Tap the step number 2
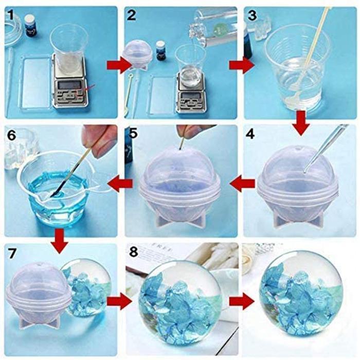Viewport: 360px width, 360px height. [x=132, y=15]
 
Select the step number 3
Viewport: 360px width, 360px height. [x=252, y=15]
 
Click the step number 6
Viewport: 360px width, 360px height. [x=11, y=135]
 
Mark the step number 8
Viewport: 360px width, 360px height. [x=133, y=254]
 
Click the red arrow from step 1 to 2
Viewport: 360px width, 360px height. [x=114, y=65]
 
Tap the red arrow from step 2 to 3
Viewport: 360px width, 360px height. [x=236, y=65]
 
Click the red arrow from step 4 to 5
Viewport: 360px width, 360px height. [x=242, y=182]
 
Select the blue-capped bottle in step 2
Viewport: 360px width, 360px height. [x=161, y=52]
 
